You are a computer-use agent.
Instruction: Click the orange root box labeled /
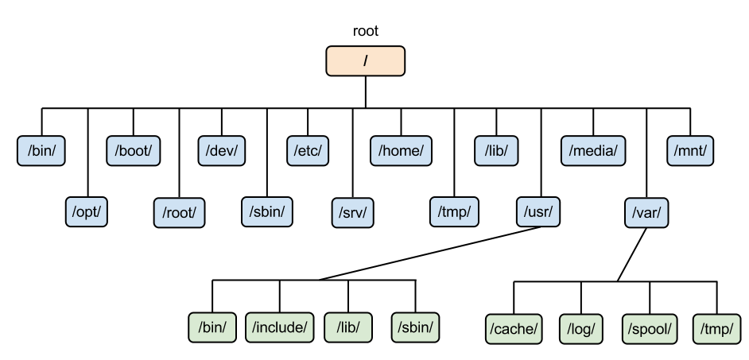365,61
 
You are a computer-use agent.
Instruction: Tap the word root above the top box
365,32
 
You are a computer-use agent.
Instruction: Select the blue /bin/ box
41,150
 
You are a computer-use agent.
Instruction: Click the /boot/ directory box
133,150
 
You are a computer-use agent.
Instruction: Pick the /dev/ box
221,150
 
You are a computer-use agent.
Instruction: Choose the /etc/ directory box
308,150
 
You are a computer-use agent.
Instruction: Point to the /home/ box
401,150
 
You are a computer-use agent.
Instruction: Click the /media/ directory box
594,150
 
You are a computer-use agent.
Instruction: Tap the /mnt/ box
690,150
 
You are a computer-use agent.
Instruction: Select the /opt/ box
87,212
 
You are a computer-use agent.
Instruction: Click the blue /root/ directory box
179,212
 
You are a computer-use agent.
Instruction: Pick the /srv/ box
353,212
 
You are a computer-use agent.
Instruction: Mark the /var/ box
646,212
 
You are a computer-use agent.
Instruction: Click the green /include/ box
279,326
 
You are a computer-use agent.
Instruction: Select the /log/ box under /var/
583,326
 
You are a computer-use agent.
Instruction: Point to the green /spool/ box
650,326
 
